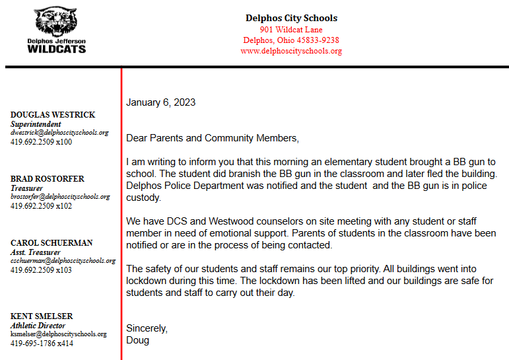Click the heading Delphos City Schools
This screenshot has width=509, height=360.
point(291,18)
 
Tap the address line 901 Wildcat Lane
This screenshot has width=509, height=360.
point(291,30)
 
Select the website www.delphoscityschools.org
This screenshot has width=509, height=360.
point(291,51)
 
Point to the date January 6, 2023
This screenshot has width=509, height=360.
point(160,102)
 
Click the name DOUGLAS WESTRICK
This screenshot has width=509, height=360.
point(53,115)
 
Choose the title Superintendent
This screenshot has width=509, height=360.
point(36,124)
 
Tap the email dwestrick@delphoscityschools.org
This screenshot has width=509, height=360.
point(59,132)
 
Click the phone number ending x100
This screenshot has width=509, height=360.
point(41,141)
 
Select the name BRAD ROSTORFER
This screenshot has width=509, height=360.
point(48,179)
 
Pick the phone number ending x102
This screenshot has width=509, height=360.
point(41,205)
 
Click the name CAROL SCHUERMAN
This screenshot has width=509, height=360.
point(51,243)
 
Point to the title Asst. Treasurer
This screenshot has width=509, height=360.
point(35,252)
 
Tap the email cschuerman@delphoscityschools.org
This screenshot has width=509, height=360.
point(63,261)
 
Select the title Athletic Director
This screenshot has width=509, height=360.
point(38,326)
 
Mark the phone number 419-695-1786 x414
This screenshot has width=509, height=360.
point(42,343)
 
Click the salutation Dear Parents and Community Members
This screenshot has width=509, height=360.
point(212,138)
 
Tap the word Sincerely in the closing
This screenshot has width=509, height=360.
point(147,328)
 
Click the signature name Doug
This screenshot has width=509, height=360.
point(137,340)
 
